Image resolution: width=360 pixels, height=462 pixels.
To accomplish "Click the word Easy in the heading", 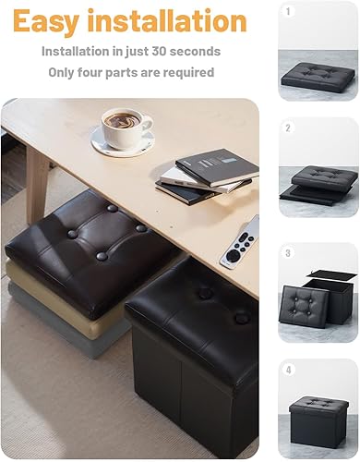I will [x=52, y=20].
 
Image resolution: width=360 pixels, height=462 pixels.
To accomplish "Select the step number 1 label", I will [x=288, y=12].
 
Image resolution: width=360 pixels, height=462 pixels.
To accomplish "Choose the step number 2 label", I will [x=288, y=128].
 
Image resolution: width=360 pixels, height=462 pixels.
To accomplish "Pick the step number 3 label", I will [x=288, y=252].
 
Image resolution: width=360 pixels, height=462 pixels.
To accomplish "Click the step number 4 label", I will [x=288, y=371].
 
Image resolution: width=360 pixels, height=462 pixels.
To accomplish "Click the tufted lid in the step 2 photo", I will [x=323, y=177].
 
